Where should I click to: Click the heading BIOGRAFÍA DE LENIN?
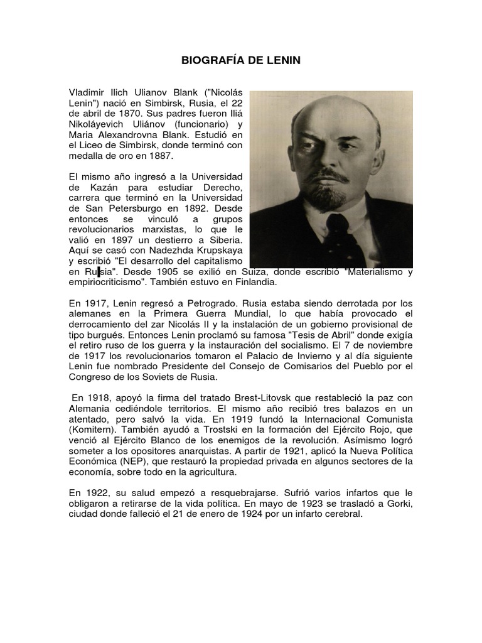[x=240, y=61]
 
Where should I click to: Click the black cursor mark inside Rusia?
[x=99, y=272]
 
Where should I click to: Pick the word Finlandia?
[x=234, y=283]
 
